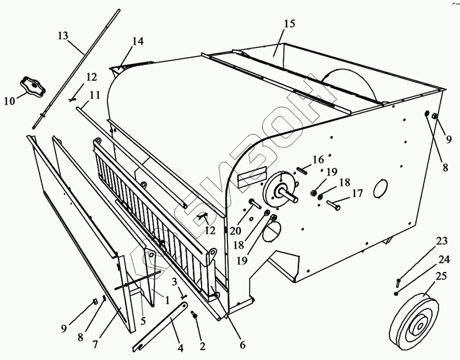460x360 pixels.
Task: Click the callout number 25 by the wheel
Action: click(x=441, y=277)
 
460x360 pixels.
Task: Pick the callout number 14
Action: click(x=137, y=41)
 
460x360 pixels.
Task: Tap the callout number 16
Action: click(x=318, y=160)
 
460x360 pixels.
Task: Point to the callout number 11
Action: click(x=95, y=95)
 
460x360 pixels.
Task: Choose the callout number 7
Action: click(x=95, y=345)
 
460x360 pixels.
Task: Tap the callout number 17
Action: click(x=358, y=193)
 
